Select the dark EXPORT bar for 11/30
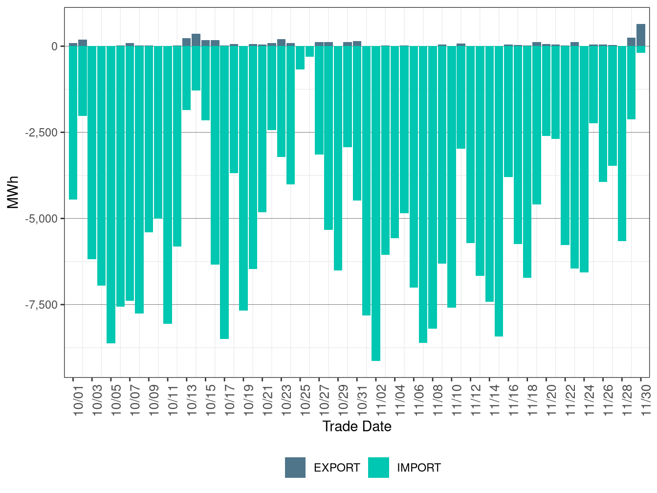coord(641,35)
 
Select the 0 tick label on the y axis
coord(54,46)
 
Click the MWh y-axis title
coord(13,192)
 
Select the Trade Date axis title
coord(357,426)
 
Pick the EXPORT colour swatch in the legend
coord(295,468)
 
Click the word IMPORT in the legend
coord(418,468)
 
